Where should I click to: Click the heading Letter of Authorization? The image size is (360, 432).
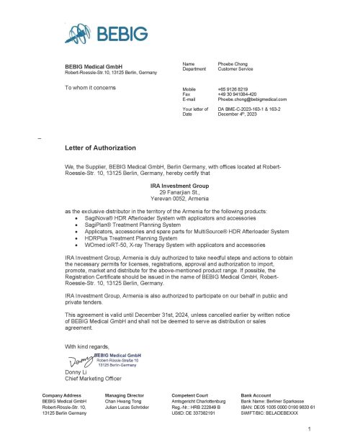point(100,148)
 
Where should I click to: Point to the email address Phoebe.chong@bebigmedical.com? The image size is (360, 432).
point(252,99)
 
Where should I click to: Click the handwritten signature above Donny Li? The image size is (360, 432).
point(81,359)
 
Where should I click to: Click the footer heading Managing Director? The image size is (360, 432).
point(128,397)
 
